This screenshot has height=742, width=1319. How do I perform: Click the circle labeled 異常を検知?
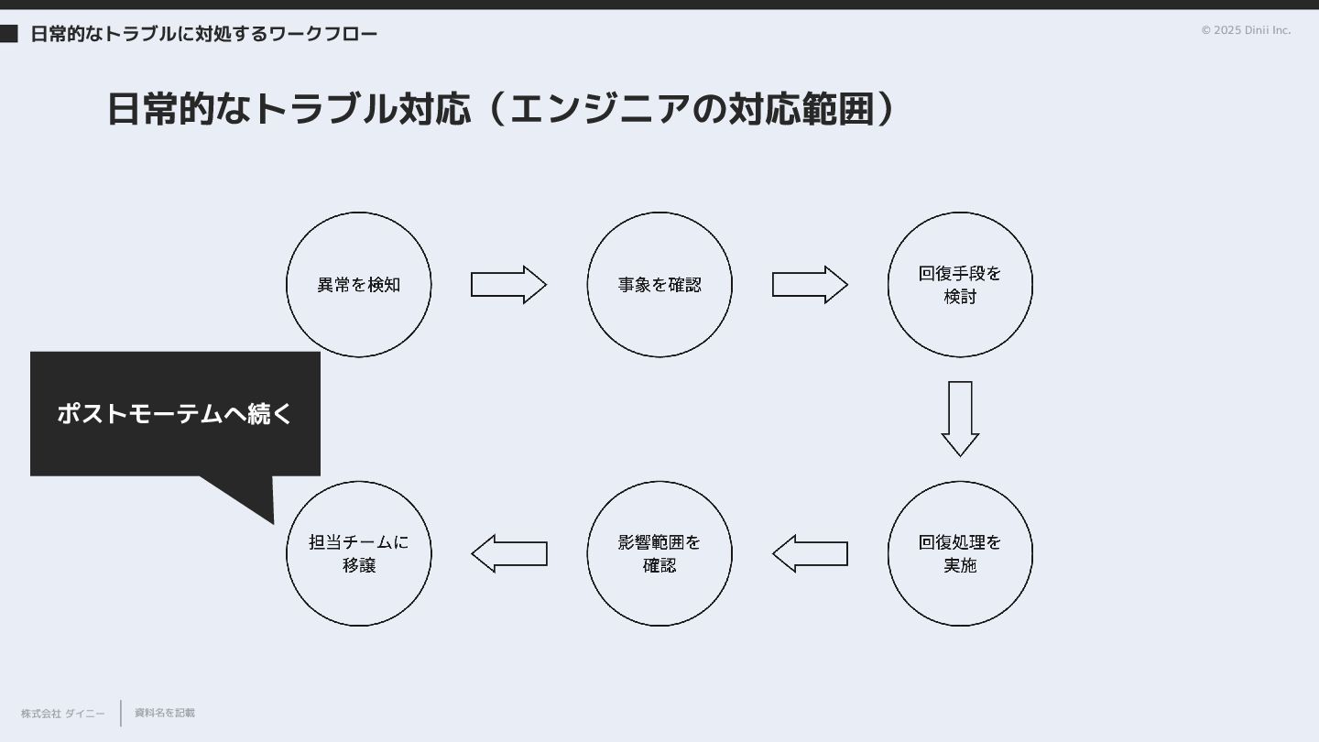coord(358,285)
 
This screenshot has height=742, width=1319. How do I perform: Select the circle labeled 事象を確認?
coord(659,285)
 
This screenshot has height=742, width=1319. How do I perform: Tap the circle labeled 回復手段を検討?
coord(960,285)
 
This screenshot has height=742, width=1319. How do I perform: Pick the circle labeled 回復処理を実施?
coord(960,553)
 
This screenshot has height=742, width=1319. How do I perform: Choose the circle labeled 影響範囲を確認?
coord(659,553)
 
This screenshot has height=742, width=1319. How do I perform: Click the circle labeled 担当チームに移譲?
coord(358,553)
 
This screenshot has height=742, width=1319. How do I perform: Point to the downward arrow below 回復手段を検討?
coord(960,418)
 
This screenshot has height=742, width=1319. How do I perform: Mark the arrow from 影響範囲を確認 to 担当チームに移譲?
coord(509,553)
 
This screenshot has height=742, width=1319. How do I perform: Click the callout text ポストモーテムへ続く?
coord(174,413)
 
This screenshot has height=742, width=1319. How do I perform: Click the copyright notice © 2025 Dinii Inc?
coord(1246,30)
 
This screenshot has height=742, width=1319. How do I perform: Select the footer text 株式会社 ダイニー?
coord(63,714)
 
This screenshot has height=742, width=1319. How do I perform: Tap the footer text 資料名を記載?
coord(165,713)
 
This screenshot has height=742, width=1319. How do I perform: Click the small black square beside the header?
coord(8,34)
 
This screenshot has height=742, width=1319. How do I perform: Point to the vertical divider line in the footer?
coord(121,713)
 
